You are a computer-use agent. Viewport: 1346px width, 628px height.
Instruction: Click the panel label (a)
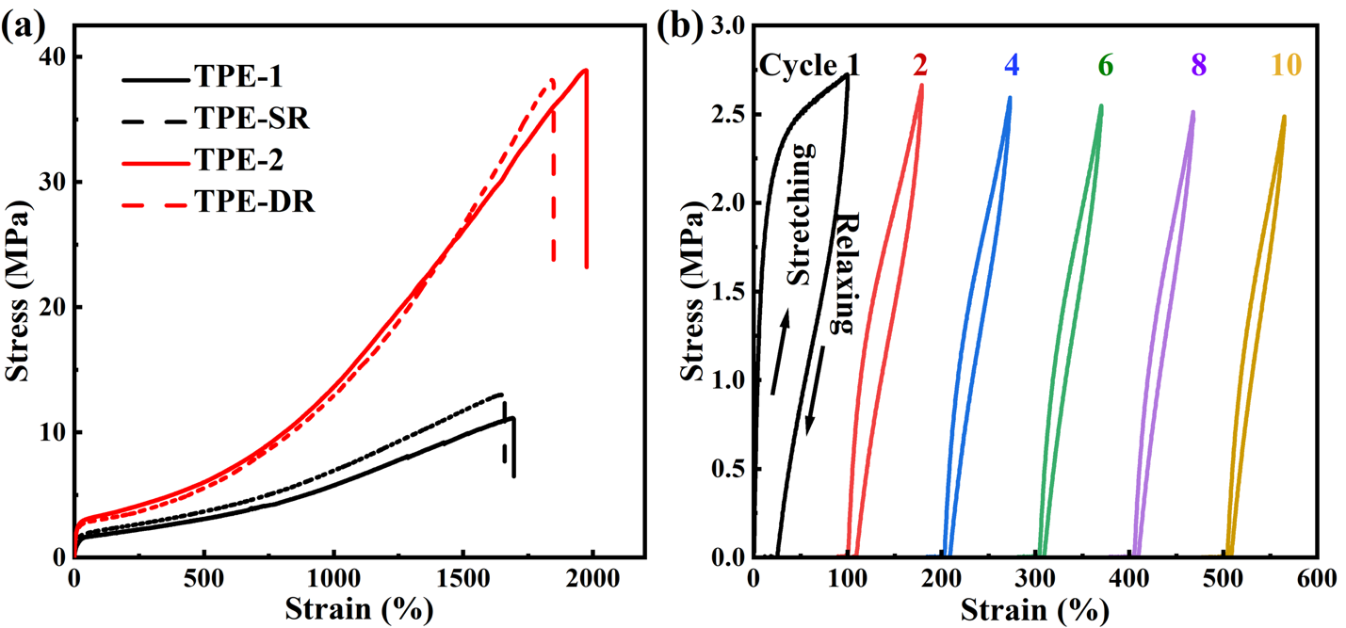click(x=24, y=26)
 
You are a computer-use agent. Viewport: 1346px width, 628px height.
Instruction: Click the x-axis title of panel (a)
click(x=359, y=608)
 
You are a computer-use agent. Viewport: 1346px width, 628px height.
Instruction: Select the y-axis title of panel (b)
click(x=692, y=292)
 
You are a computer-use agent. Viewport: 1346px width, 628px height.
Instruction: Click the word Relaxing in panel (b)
click(x=842, y=273)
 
